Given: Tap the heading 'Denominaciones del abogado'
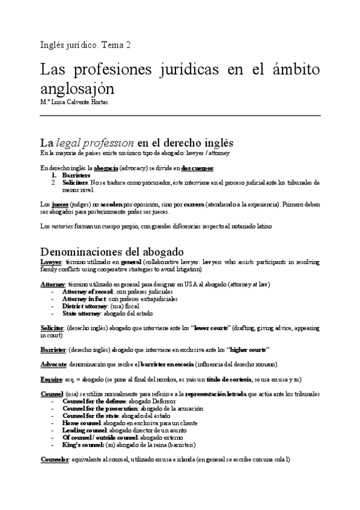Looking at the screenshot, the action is click(112, 251).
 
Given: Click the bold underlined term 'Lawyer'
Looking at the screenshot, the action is click(50, 262).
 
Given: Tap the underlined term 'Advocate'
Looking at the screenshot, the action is click(53, 364).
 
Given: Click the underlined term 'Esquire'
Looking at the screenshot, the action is click(51, 379).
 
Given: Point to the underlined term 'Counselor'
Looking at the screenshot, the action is click(55, 459).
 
